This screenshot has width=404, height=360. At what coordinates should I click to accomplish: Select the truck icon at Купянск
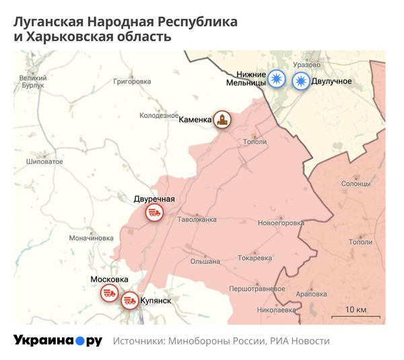tap(130, 301)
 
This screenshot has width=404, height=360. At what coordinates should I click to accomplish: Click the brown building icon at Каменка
tap(222, 120)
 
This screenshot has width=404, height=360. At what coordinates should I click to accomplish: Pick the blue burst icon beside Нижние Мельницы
tap(276, 80)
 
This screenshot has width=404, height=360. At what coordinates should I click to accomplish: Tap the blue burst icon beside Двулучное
tap(300, 81)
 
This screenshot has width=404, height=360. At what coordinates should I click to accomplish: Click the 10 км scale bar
tap(355, 316)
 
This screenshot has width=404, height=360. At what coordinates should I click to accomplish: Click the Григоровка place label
tap(133, 82)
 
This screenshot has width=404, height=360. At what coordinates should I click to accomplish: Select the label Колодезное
tap(159, 116)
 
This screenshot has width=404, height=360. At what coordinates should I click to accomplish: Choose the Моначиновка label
tap(92, 238)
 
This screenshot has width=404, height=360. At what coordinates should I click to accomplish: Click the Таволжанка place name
tap(197, 220)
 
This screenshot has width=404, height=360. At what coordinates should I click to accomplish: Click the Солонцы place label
tap(356, 183)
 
